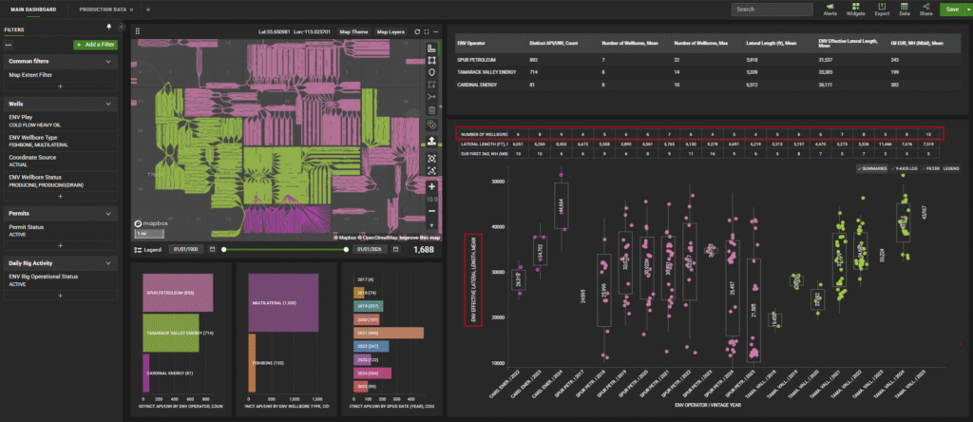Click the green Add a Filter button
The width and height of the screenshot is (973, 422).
click(96, 45)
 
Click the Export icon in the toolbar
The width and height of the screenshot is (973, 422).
click(882, 10)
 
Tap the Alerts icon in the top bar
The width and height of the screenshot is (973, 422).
click(830, 10)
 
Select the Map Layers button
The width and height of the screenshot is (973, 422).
click(391, 31)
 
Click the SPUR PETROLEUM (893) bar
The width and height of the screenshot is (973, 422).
click(176, 292)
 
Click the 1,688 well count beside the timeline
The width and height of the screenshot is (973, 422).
click(426, 249)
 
